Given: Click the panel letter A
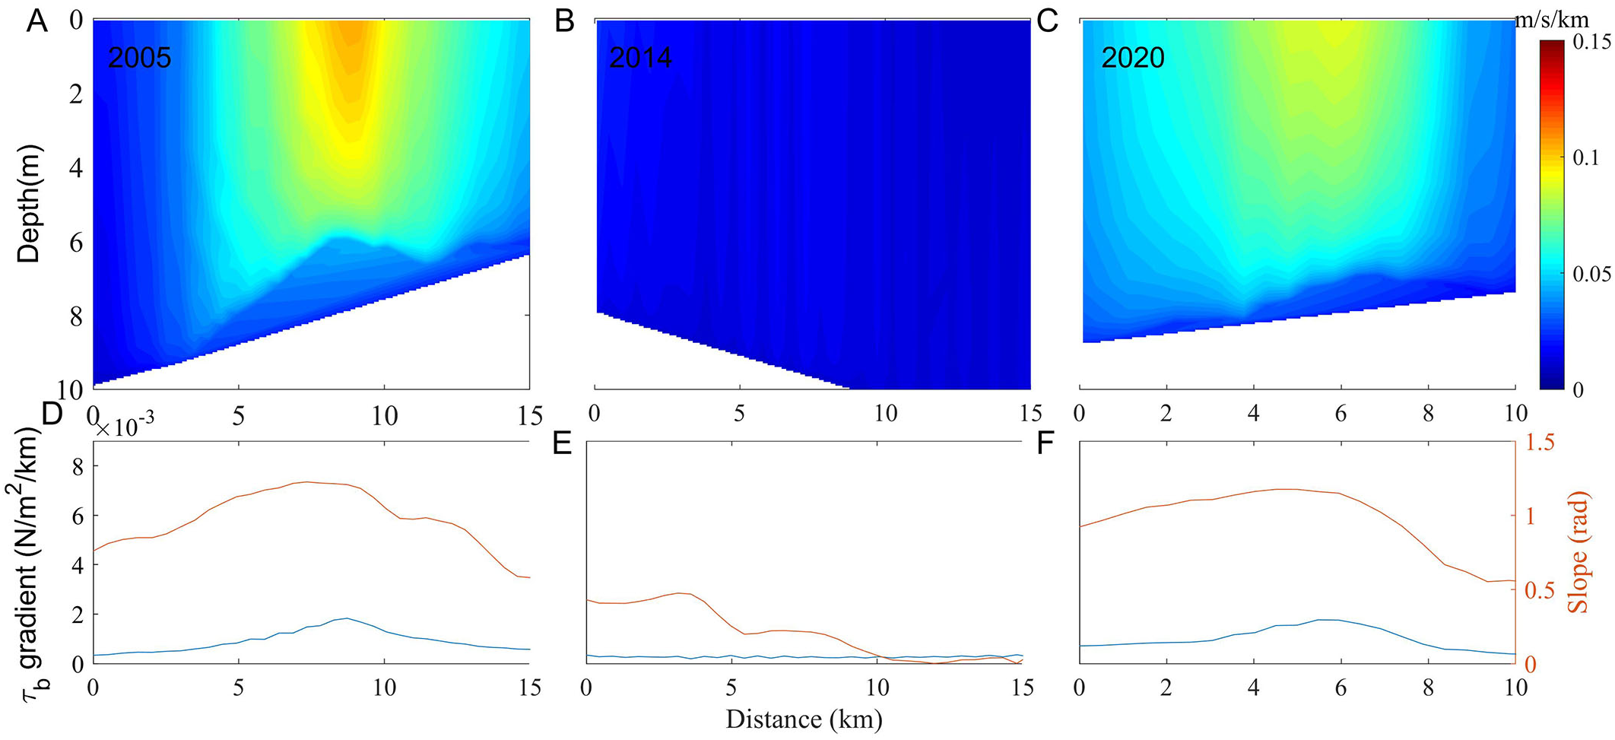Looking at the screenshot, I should tap(36, 21).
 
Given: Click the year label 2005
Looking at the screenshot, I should tap(139, 58).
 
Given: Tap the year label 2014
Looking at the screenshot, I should tap(640, 58).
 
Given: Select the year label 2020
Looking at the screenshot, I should tap(1133, 58).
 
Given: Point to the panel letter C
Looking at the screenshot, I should tap(1048, 21).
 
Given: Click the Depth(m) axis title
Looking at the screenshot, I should tap(29, 204).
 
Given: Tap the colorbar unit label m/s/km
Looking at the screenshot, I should tap(1551, 21).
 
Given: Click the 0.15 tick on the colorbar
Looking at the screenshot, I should tap(1591, 41).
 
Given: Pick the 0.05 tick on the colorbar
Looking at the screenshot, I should tap(1591, 274).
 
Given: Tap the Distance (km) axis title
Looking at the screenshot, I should tap(804, 719).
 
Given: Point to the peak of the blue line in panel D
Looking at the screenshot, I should tap(347, 618).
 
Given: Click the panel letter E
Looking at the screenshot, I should tap(562, 443).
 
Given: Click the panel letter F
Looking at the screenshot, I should tap(1045, 443).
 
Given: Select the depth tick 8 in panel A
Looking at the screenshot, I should tap(76, 316).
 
